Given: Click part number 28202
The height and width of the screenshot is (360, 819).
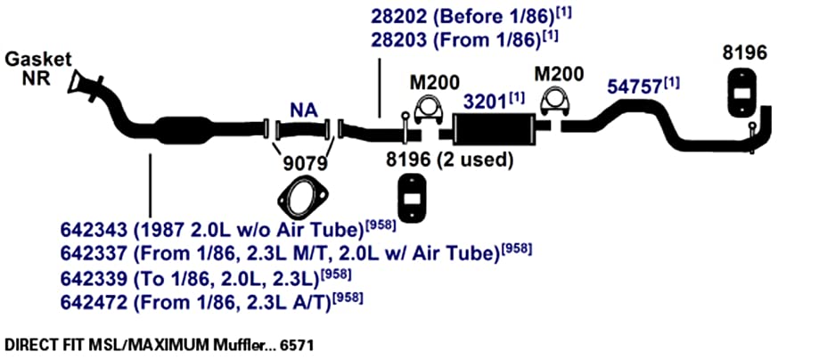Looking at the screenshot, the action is click(399, 16).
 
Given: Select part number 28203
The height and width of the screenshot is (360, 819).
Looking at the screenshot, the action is click(399, 40).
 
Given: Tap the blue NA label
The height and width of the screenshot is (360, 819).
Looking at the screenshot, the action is click(304, 110).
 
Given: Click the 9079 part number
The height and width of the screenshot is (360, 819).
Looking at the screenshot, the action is click(305, 165).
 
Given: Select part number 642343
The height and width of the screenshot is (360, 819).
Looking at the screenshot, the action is click(94, 230).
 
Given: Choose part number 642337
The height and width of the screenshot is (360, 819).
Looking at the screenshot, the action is click(94, 255).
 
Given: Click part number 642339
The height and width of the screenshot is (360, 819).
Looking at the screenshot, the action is click(94, 279).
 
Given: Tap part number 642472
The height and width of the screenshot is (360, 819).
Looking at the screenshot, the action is click(94, 303).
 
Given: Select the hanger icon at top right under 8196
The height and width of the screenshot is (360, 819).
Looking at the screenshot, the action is click(741, 92).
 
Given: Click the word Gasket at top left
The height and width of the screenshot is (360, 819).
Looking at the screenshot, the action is click(38, 59).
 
